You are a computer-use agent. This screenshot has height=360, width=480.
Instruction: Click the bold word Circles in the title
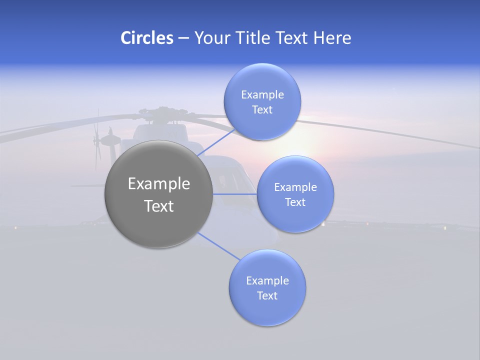click(146, 38)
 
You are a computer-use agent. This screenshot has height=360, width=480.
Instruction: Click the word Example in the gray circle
click(159, 183)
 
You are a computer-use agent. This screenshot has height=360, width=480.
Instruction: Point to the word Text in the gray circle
click(159, 206)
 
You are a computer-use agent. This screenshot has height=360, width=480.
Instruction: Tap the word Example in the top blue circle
click(262, 94)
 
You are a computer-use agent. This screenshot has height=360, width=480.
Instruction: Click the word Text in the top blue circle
click(262, 109)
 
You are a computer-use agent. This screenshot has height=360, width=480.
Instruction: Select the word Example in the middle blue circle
click(295, 187)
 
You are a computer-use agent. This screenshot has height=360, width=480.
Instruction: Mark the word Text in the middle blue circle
click(295, 202)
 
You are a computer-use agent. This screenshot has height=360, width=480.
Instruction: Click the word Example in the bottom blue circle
click(267, 280)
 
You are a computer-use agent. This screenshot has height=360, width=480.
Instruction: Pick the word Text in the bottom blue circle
click(267, 295)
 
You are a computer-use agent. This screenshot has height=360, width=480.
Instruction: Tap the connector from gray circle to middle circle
click(235, 194)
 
